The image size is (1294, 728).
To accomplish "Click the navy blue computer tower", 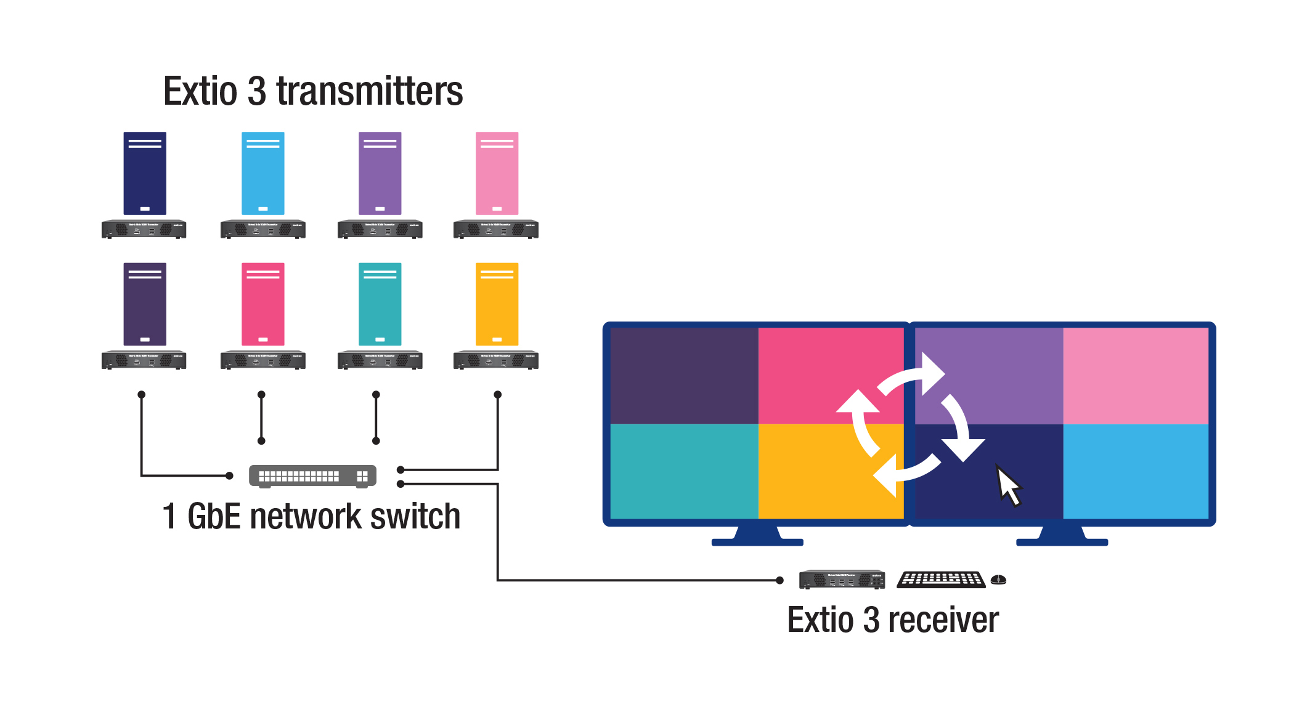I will [x=145, y=173].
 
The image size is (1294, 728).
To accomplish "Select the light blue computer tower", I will [x=262, y=173].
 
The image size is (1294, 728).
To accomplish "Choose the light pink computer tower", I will [x=497, y=173].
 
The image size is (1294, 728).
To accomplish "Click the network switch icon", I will [x=312, y=476].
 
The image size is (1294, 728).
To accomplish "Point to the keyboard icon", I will [x=941, y=580].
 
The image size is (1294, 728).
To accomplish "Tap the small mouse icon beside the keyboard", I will [x=998, y=580].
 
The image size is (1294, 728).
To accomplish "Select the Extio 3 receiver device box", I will [x=842, y=580].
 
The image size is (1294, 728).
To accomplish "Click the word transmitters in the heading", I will [x=369, y=92].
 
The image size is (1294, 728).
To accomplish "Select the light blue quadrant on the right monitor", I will [x=1136, y=471].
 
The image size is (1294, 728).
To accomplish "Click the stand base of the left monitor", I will [x=757, y=542].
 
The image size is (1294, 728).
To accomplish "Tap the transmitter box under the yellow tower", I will [x=496, y=360].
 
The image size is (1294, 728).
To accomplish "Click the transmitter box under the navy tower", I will [x=144, y=229].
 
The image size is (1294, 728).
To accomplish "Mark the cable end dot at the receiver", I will [x=779, y=580].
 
